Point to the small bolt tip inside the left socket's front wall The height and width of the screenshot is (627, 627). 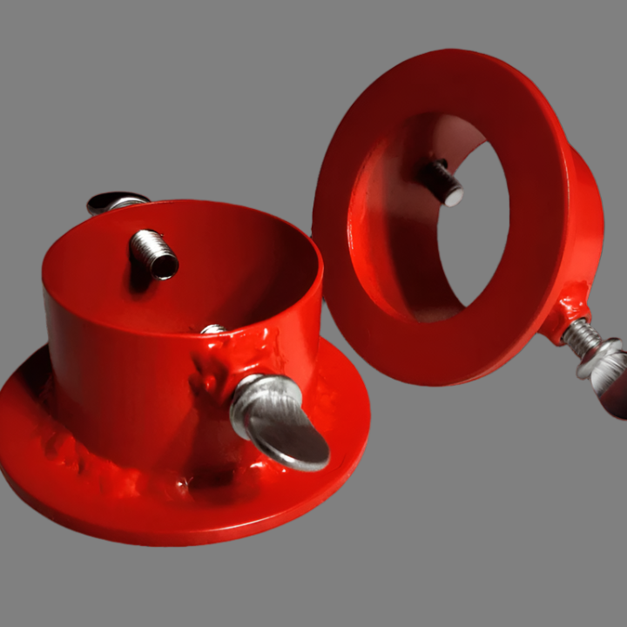tap(212, 329)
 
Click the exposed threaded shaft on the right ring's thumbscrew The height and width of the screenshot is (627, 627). tap(579, 335)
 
